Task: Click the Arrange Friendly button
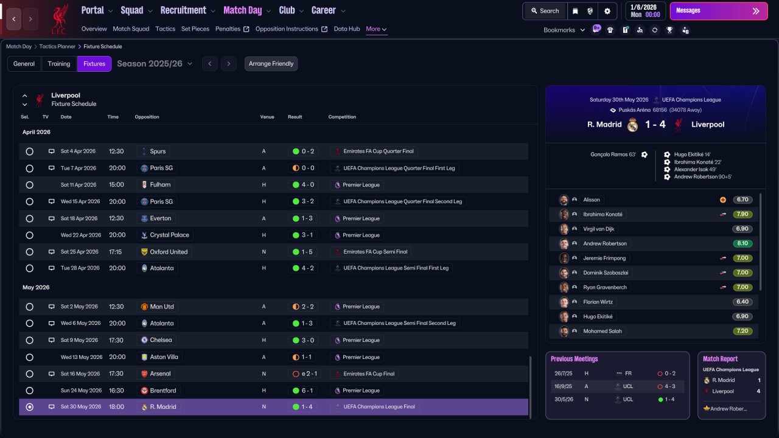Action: pyautogui.click(x=271, y=64)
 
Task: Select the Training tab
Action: pyautogui.click(x=59, y=64)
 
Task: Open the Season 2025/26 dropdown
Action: pyautogui.click(x=155, y=64)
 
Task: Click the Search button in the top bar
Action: pyautogui.click(x=545, y=11)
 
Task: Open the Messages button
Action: pyautogui.click(x=719, y=11)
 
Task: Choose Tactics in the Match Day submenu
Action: pyautogui.click(x=165, y=29)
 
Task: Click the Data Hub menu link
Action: pyautogui.click(x=347, y=29)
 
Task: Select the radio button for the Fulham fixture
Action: pyautogui.click(x=30, y=185)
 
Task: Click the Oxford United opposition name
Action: pyautogui.click(x=169, y=252)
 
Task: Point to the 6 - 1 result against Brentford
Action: pyautogui.click(x=307, y=391)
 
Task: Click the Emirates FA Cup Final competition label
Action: pyautogui.click(x=369, y=374)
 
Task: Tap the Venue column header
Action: pyautogui.click(x=267, y=117)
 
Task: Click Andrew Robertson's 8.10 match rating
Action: pyautogui.click(x=742, y=243)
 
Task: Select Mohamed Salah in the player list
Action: pyautogui.click(x=603, y=331)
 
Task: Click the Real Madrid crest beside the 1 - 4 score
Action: pyautogui.click(x=632, y=125)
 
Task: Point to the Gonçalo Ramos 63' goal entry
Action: pyautogui.click(x=613, y=155)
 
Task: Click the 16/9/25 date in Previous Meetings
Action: pyautogui.click(x=563, y=386)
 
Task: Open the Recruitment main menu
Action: pyautogui.click(x=183, y=10)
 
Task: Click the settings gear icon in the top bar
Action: pyautogui.click(x=607, y=11)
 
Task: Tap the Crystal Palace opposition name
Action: pyautogui.click(x=169, y=235)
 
